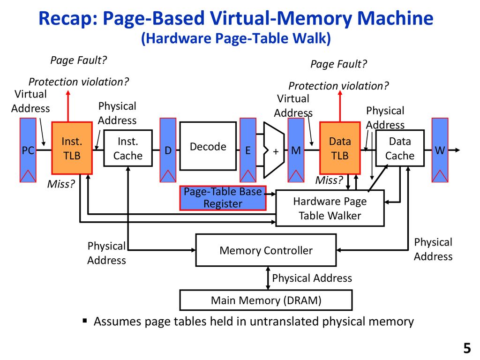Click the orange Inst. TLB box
click(72, 148)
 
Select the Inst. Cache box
click(128, 148)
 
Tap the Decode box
click(208, 146)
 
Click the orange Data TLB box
click(340, 148)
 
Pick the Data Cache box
click(400, 148)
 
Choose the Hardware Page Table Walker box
click(330, 208)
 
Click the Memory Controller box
click(266, 250)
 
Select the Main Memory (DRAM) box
click(266, 300)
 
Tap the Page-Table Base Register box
click(223, 198)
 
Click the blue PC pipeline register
click(28, 150)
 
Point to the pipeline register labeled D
click(168, 150)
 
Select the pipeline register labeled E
click(248, 150)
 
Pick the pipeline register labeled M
click(296, 150)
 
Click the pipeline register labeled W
click(440, 150)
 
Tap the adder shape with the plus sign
click(275, 150)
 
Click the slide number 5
click(466, 348)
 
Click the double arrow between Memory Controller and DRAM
click(267, 278)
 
